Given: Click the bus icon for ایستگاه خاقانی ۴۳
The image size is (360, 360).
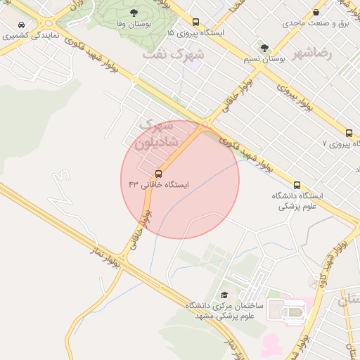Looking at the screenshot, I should [157, 174].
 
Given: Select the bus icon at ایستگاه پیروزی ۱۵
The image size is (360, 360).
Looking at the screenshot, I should [195, 22].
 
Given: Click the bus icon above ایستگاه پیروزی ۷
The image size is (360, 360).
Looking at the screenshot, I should [349, 133].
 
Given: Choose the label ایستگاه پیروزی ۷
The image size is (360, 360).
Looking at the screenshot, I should [339, 143].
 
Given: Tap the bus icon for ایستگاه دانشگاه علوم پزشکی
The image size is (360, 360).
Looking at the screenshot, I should [297, 186].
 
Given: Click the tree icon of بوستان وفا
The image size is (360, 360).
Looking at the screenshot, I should [134, 13].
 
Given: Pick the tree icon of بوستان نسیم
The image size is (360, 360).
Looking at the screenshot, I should [264, 49].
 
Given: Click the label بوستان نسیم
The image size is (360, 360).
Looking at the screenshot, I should [264, 60].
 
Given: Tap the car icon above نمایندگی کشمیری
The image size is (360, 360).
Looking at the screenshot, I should [22, 24].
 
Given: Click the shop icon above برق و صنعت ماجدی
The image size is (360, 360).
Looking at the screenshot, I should [316, 12].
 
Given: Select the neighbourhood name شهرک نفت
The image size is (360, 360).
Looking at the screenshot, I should [173, 53].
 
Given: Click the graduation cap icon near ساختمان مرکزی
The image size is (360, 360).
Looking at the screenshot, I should [224, 295].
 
